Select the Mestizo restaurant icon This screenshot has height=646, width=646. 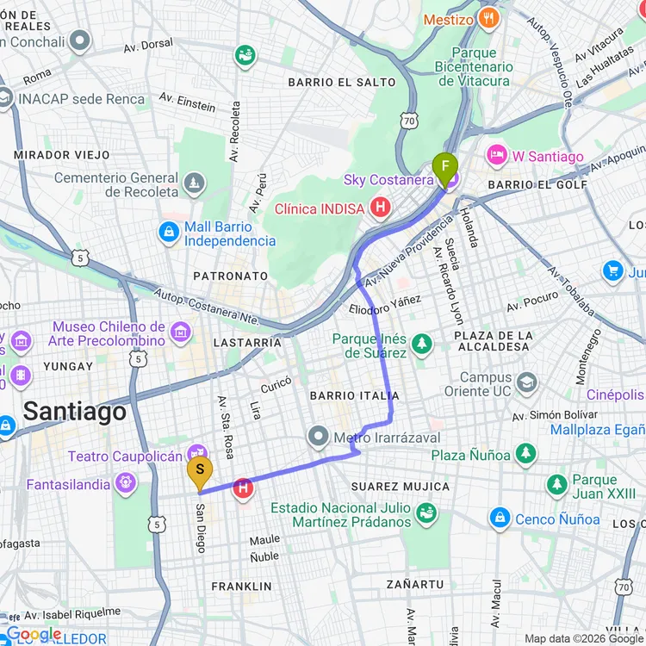point(489,19)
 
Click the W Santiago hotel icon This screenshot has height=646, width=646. point(497,157)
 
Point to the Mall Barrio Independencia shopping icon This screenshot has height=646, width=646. point(169,232)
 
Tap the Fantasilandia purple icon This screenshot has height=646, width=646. point(126,484)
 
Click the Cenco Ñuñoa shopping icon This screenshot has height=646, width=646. point(500,519)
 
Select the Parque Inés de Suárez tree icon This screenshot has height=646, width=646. point(421,345)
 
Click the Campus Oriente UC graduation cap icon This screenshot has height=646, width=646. point(527,382)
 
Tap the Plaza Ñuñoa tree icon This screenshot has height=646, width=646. point(525,454)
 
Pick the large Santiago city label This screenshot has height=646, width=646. point(75,412)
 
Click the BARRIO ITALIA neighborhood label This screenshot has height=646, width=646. point(353,395)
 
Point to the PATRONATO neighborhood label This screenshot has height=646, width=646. point(231,276)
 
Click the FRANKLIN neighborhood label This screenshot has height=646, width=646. point(242,586)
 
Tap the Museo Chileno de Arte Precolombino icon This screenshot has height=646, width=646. point(180,332)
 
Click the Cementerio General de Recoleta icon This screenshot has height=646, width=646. point(195,183)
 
